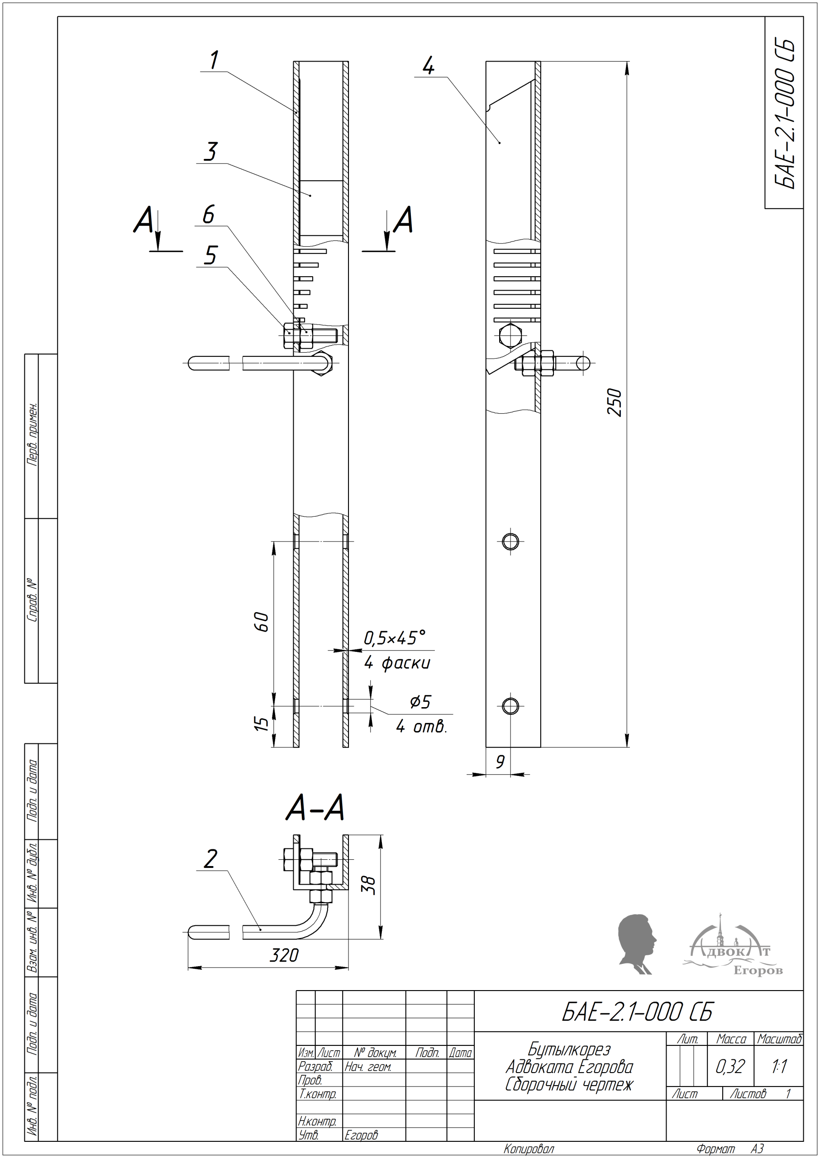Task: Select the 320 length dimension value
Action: click(x=284, y=954)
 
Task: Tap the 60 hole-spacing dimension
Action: click(x=262, y=621)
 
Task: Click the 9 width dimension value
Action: click(x=500, y=761)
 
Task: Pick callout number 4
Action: click(x=428, y=66)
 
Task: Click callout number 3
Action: click(x=210, y=152)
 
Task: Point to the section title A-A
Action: click(x=315, y=808)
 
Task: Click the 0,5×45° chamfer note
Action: click(x=395, y=638)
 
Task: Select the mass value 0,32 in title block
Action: click(x=730, y=1066)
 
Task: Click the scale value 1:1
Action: click(x=779, y=1066)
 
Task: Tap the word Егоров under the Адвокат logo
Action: click(x=758, y=971)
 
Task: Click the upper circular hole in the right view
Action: click(x=510, y=541)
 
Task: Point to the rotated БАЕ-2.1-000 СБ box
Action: click(x=784, y=113)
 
